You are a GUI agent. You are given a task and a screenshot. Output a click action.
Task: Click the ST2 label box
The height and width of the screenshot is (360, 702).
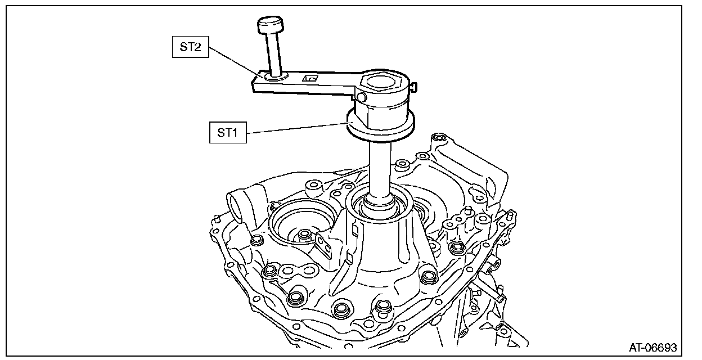190,47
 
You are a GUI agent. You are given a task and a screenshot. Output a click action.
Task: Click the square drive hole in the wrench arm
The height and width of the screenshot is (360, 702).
309,78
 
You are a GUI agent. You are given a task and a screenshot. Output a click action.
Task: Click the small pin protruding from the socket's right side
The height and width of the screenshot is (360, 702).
415,87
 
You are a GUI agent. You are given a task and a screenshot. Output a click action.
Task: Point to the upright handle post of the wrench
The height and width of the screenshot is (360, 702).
273,53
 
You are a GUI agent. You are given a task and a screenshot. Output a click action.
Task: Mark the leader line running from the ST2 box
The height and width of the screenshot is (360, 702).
236,62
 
